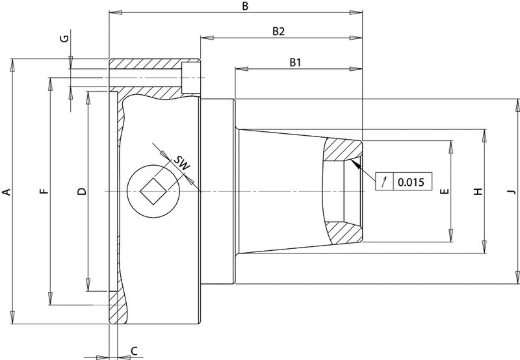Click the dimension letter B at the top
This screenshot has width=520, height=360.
coord(244,6)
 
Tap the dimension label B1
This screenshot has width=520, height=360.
coord(296,62)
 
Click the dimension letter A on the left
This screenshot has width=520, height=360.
coord(6,192)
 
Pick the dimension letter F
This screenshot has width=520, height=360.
coord(44,192)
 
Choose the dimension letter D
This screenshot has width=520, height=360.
coord(81,192)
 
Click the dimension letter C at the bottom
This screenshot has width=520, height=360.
coord(134,351)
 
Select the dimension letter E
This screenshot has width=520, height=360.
coord(445,192)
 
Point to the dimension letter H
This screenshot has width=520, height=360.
coord(478,192)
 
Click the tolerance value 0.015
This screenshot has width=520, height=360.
coord(410,182)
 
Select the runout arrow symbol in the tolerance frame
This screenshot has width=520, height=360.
coord(385,182)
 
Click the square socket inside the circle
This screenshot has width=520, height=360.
coord(153,192)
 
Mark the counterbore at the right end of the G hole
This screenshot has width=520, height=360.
coord(192,78)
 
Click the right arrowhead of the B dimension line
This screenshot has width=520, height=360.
coord(357,12)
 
